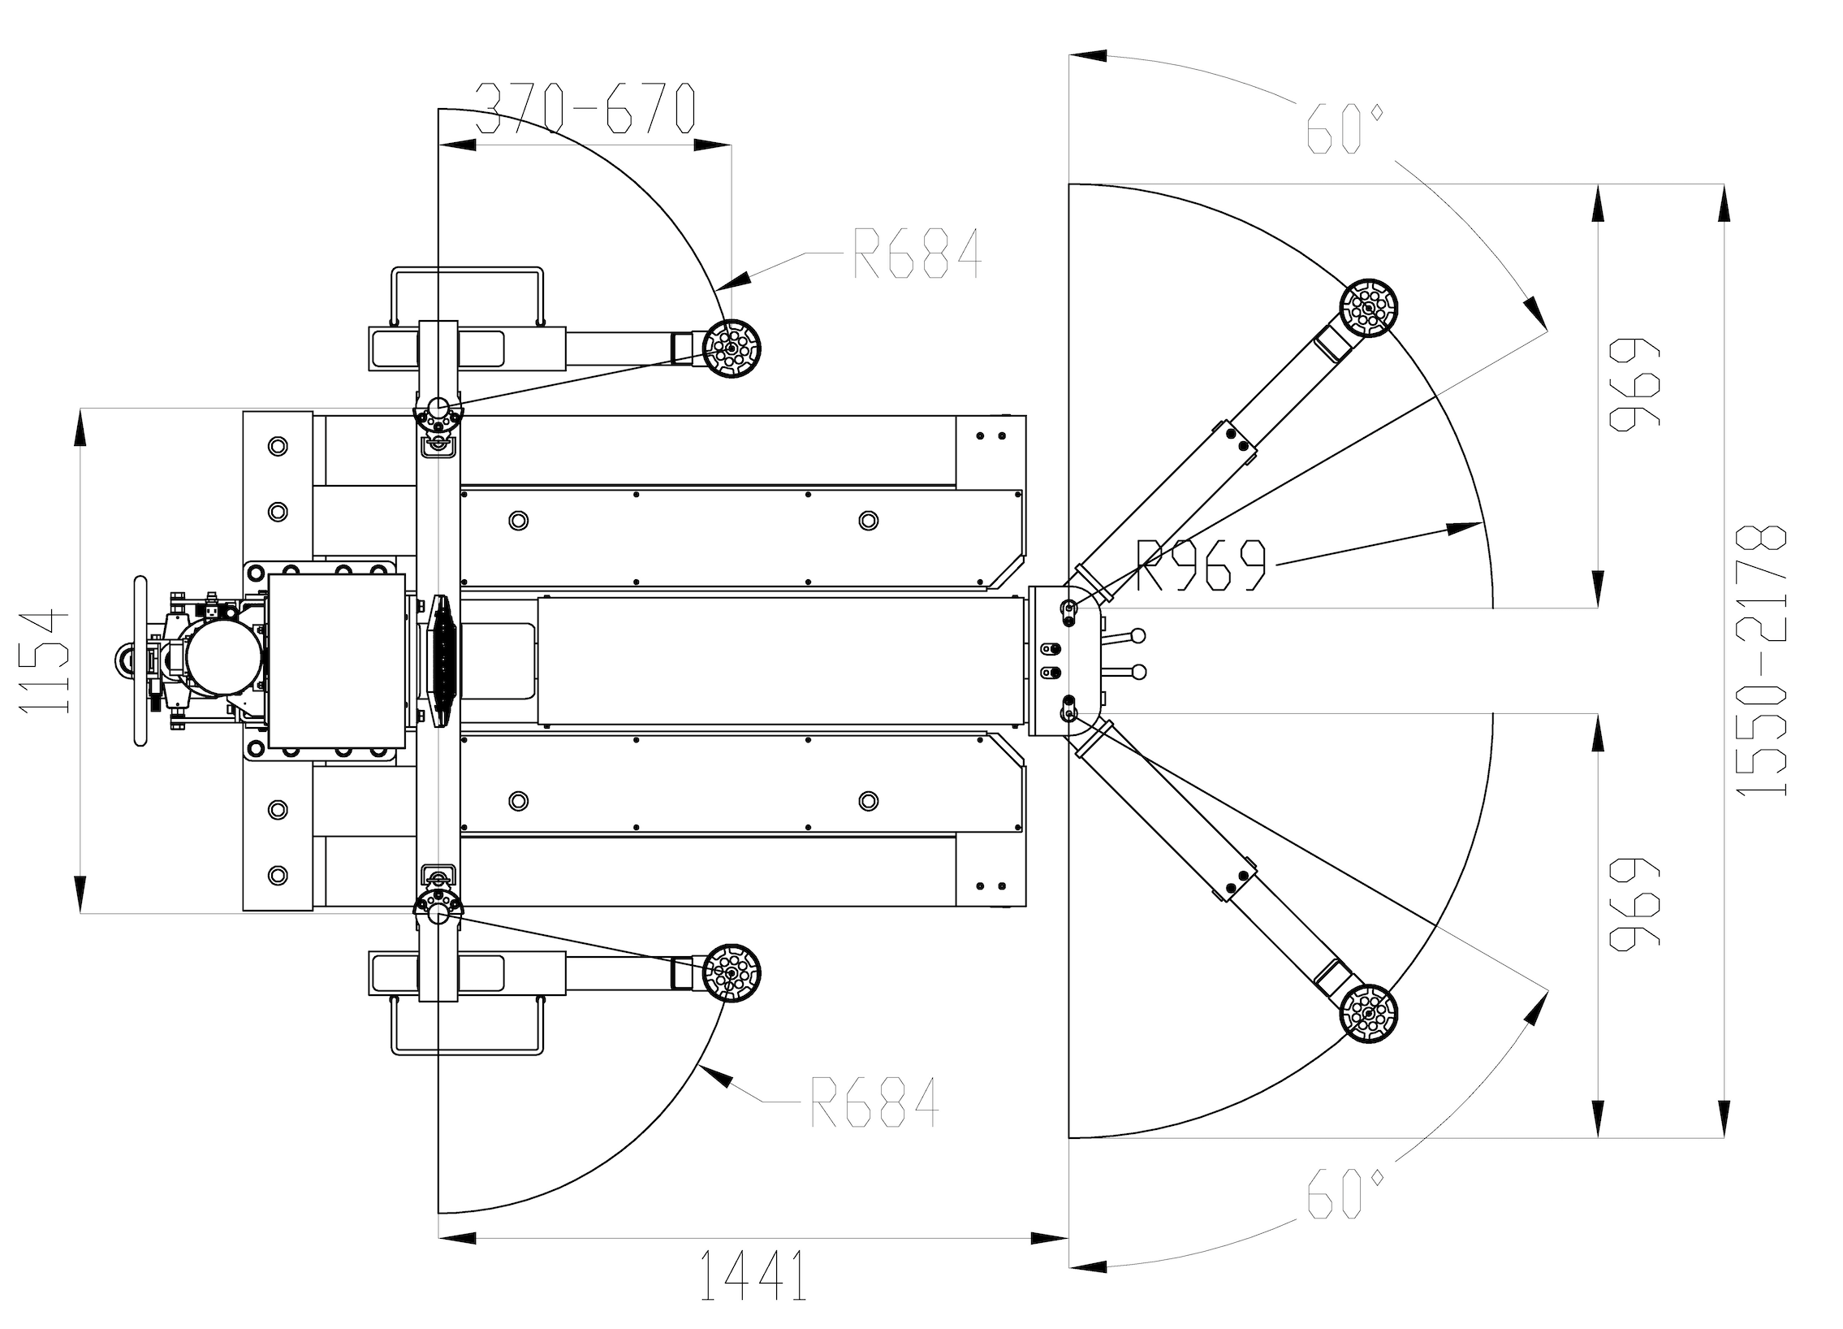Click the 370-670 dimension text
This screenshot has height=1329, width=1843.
[x=585, y=108]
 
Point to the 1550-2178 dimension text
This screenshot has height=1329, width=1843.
[x=1762, y=660]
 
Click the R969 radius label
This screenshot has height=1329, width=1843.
[x=1201, y=565]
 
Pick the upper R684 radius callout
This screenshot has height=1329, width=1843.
[x=917, y=253]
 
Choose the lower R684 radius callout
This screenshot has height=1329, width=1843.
[x=874, y=1102]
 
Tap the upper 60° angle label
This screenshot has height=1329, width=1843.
[x=1344, y=129]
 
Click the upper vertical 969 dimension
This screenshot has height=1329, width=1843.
[x=1635, y=383]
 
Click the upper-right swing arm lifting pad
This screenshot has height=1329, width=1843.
[x=1369, y=309]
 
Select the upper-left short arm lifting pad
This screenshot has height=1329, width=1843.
[x=732, y=349]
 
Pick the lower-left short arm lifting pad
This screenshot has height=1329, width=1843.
[x=732, y=972]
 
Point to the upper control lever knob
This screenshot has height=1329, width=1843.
[x=1138, y=635]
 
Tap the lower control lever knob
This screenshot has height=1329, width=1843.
[x=1138, y=672]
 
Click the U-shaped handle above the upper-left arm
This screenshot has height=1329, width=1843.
[x=468, y=268]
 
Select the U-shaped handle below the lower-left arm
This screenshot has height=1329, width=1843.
[x=468, y=1054]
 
